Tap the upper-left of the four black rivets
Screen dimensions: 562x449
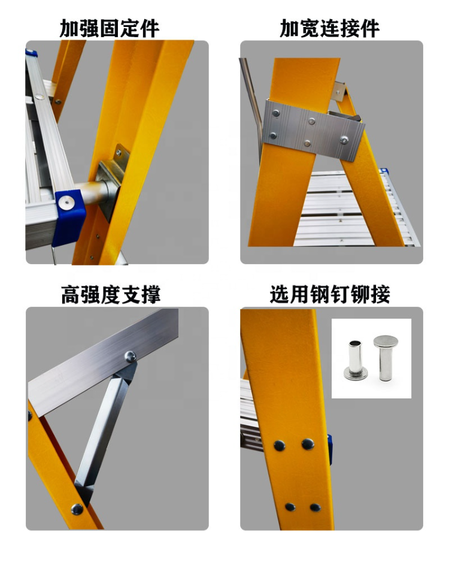pyautogui.click(x=280, y=445)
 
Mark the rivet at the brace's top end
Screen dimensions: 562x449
pyautogui.click(x=129, y=357)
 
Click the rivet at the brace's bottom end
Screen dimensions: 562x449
pyautogui.click(x=77, y=509)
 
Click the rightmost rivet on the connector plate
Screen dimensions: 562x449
pyautogui.click(x=345, y=140)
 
